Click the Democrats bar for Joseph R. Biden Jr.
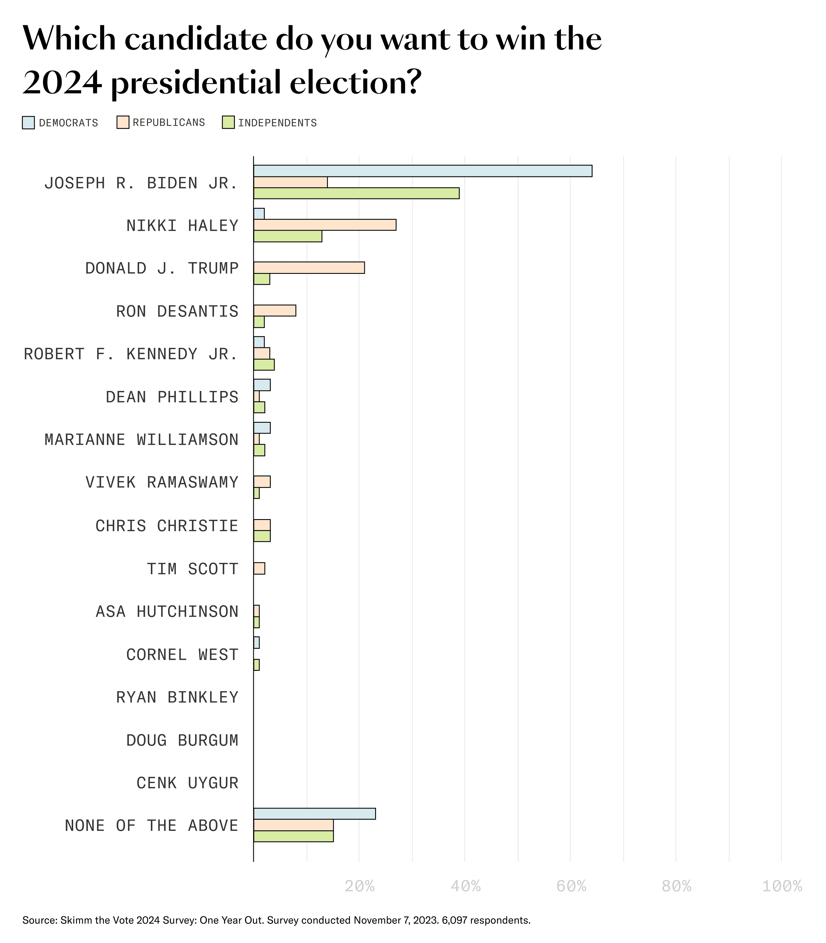coord(423,171)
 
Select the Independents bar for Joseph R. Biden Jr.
coord(356,193)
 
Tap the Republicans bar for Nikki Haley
coord(324,225)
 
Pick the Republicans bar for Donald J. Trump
coord(309,268)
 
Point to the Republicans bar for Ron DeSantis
coord(275,311)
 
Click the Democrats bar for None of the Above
coord(314,813)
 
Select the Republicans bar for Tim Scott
coord(259,568)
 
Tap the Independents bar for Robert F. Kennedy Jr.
coord(264,365)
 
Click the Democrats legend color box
coord(29,122)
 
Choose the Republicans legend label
coord(169,122)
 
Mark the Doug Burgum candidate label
coord(182,740)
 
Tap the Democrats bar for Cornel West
coord(256,642)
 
